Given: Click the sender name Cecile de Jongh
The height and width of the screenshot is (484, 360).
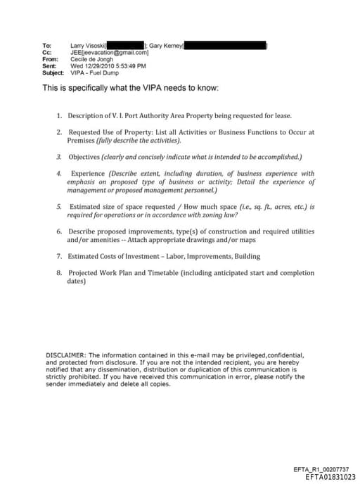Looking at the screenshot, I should pos(92,60).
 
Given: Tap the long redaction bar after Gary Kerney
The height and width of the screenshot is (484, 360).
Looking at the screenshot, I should pos(225,46).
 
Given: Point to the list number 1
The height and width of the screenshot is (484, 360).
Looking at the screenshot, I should pos(59,115).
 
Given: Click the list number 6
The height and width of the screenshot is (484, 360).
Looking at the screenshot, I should pos(59,231).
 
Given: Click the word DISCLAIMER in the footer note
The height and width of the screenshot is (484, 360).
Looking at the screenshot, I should pos(65,355).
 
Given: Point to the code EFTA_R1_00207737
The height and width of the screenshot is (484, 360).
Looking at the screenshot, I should pos(321,469).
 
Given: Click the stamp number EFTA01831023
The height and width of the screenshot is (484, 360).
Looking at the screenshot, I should pos(330,477).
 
